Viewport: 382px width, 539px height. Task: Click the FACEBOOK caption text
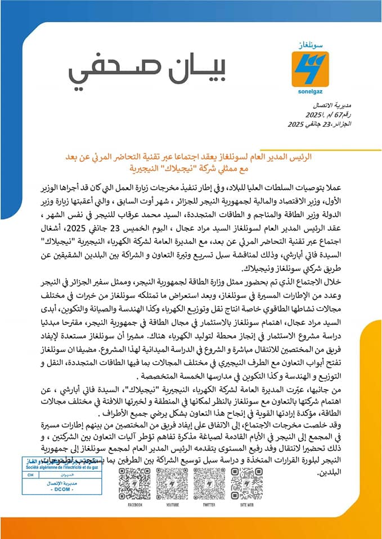coord(134,505)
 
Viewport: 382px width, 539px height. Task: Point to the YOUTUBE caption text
coord(172,505)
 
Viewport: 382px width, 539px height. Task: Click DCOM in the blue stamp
coord(60,490)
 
